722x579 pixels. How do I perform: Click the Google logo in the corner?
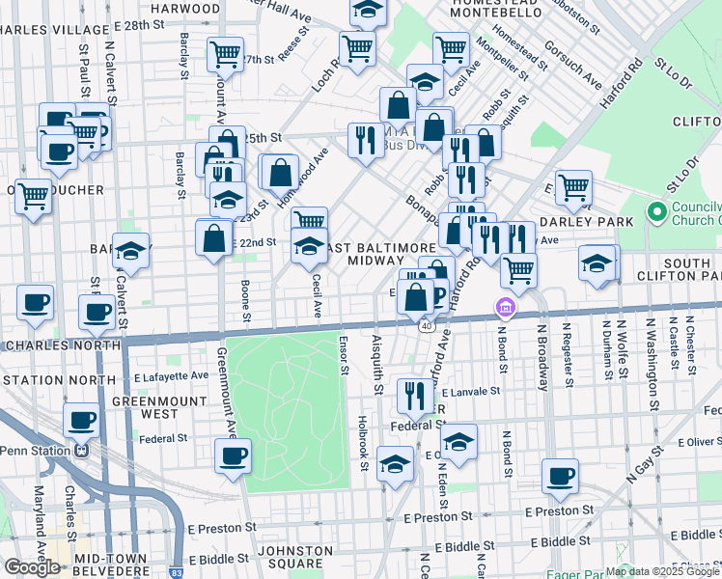(31, 566)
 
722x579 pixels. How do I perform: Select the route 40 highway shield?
(426, 326)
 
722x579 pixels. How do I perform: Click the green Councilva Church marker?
(657, 210)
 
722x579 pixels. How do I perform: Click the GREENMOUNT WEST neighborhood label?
(148, 406)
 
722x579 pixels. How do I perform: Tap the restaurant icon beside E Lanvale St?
(414, 395)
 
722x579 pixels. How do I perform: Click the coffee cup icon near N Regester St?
(560, 475)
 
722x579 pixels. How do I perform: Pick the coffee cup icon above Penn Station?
(81, 420)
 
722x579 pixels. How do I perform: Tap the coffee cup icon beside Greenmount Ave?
(233, 455)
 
